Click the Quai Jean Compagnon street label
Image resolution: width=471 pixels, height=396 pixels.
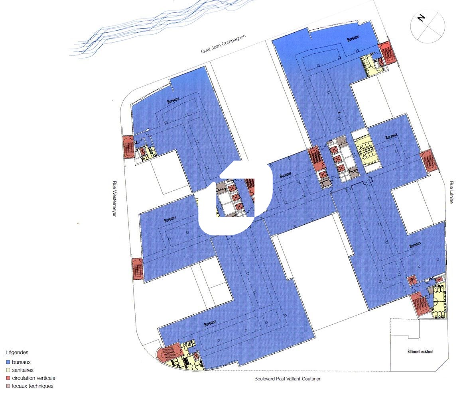click(x=223, y=44)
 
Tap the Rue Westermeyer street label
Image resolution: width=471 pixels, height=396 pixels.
click(x=114, y=198)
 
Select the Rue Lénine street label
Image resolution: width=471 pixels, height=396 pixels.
click(x=451, y=192)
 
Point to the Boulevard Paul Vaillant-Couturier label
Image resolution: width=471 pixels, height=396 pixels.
click(x=287, y=378)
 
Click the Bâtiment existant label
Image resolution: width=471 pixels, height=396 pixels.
click(x=420, y=351)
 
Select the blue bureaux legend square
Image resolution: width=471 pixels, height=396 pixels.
click(x=8, y=362)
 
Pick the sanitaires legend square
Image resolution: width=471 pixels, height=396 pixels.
click(x=8, y=370)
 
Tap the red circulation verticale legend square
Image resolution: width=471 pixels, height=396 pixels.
click(x=8, y=378)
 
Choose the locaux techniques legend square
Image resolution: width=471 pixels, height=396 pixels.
click(x=8, y=386)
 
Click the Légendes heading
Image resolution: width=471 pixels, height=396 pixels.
click(x=17, y=353)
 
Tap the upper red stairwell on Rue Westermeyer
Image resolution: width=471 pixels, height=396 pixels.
click(x=128, y=146)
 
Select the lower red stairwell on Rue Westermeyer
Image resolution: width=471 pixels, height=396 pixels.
click(x=137, y=269)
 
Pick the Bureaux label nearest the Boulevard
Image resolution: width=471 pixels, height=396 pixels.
click(x=210, y=323)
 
